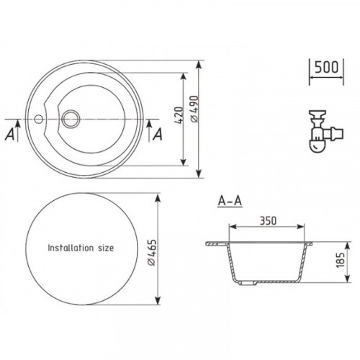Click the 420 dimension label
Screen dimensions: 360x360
coord(179,115)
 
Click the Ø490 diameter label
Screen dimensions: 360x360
coord(194,109)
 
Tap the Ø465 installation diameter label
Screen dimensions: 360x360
coord(152,253)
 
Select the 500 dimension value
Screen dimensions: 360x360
coord(326,67)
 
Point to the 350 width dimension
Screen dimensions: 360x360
coord(268,221)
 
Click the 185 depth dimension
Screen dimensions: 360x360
coord(341,260)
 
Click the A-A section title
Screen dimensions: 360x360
coord(230,201)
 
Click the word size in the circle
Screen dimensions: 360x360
coord(106,248)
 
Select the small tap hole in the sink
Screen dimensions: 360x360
coord(38,119)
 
